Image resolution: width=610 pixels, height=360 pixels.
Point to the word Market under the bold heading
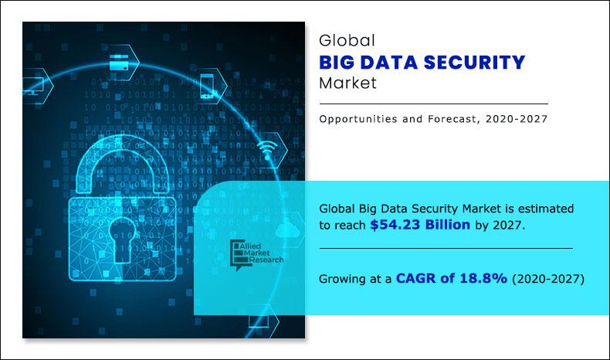[347, 83]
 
